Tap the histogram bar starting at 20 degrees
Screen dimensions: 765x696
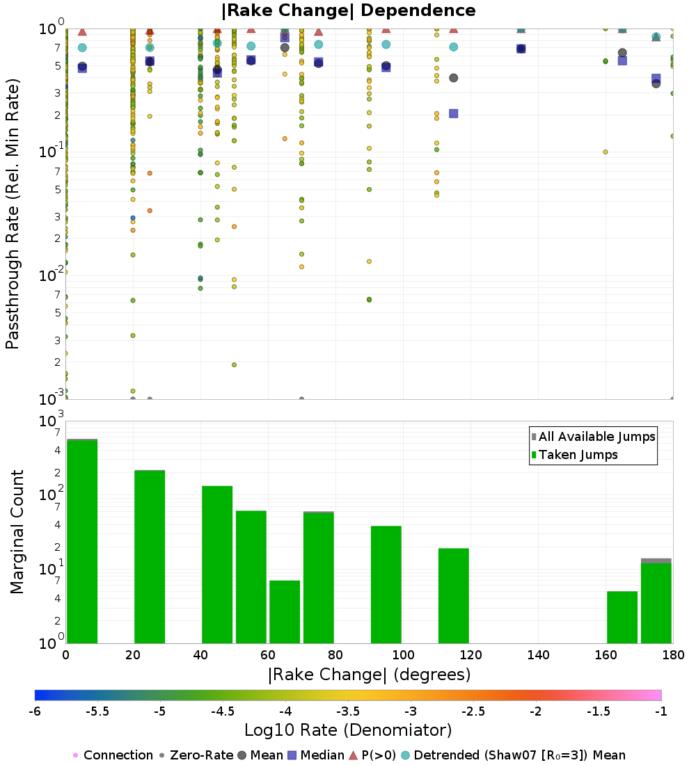coord(150,556)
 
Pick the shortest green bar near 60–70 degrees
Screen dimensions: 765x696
coord(285,611)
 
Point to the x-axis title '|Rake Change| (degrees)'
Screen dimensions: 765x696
coord(369,675)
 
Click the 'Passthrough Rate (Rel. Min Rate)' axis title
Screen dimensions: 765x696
coord(13,214)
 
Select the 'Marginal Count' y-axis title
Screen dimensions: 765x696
coord(17,532)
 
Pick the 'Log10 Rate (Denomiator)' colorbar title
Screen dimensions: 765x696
coord(348,730)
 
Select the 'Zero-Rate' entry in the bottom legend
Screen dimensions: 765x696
coord(195,755)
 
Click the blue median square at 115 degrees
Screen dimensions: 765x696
coord(454,113)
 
